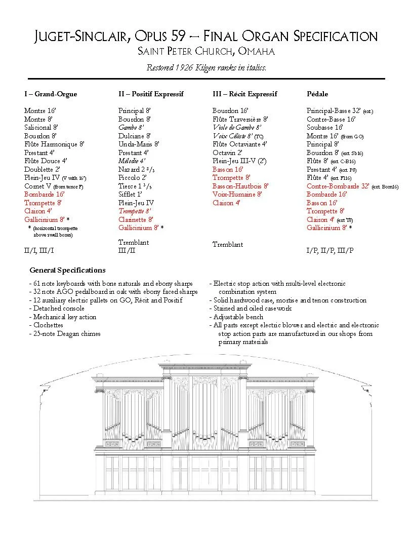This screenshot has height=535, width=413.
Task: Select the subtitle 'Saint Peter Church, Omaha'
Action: (206, 52)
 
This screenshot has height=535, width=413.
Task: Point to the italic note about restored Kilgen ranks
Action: (206, 67)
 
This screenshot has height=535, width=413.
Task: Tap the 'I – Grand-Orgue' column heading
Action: (51, 94)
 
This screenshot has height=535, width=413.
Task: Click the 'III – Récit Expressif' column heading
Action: (244, 94)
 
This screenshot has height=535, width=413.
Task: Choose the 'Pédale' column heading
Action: (317, 94)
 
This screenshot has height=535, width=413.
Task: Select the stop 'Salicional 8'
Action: (41, 128)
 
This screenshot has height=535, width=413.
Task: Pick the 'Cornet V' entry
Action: (38, 186)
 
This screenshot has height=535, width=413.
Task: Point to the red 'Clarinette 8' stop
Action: (136, 219)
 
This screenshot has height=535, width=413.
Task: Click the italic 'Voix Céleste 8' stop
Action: (233, 136)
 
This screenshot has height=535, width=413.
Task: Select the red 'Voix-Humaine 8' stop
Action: (237, 194)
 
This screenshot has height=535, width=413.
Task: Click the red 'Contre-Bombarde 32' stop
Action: (338, 186)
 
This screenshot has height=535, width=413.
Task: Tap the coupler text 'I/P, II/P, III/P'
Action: (330, 250)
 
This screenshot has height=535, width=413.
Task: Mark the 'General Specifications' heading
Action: (67, 270)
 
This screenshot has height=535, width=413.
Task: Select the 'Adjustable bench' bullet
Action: (236, 317)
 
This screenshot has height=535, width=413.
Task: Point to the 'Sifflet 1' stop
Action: (130, 194)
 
